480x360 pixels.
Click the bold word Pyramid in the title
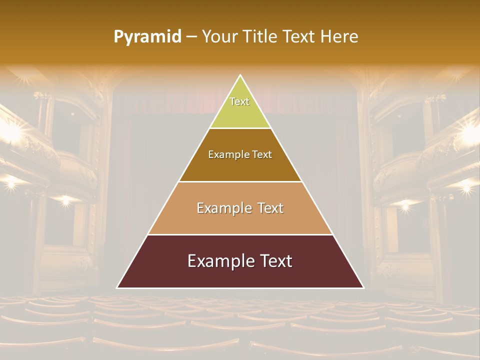[x=147, y=37]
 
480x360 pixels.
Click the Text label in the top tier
[x=239, y=101]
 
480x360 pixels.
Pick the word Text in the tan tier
[x=270, y=208]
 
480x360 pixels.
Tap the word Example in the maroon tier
[x=220, y=261]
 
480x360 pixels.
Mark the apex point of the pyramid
[x=240, y=75]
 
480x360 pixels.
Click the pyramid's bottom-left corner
[x=117, y=287]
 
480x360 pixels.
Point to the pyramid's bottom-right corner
[x=363, y=287]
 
